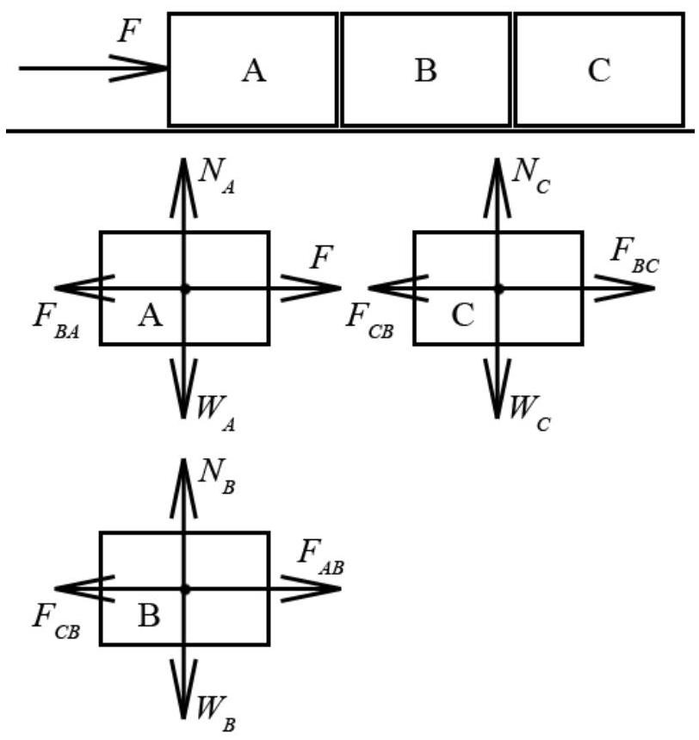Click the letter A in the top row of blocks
click(254, 72)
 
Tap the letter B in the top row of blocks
click(426, 71)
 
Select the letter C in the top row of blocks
click(599, 71)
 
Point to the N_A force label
click(216, 176)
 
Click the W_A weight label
click(215, 414)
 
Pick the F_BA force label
click(56, 322)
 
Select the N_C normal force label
click(531, 176)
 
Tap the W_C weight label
click(529, 414)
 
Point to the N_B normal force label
click(216, 476)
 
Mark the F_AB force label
click(321, 558)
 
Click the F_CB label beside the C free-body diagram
click(370, 322)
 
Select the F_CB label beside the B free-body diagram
click(56, 623)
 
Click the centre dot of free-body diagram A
click(186, 289)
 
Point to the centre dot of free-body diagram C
click(499, 289)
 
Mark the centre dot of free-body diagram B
click(185, 589)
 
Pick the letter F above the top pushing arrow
click(129, 32)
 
